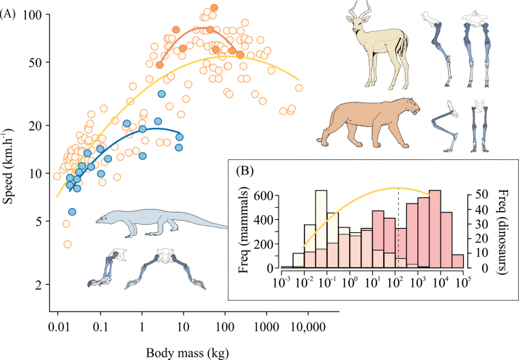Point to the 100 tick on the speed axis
(x=31, y=14)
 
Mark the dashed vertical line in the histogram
(x=398, y=225)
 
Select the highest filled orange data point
(x=214, y=8)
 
